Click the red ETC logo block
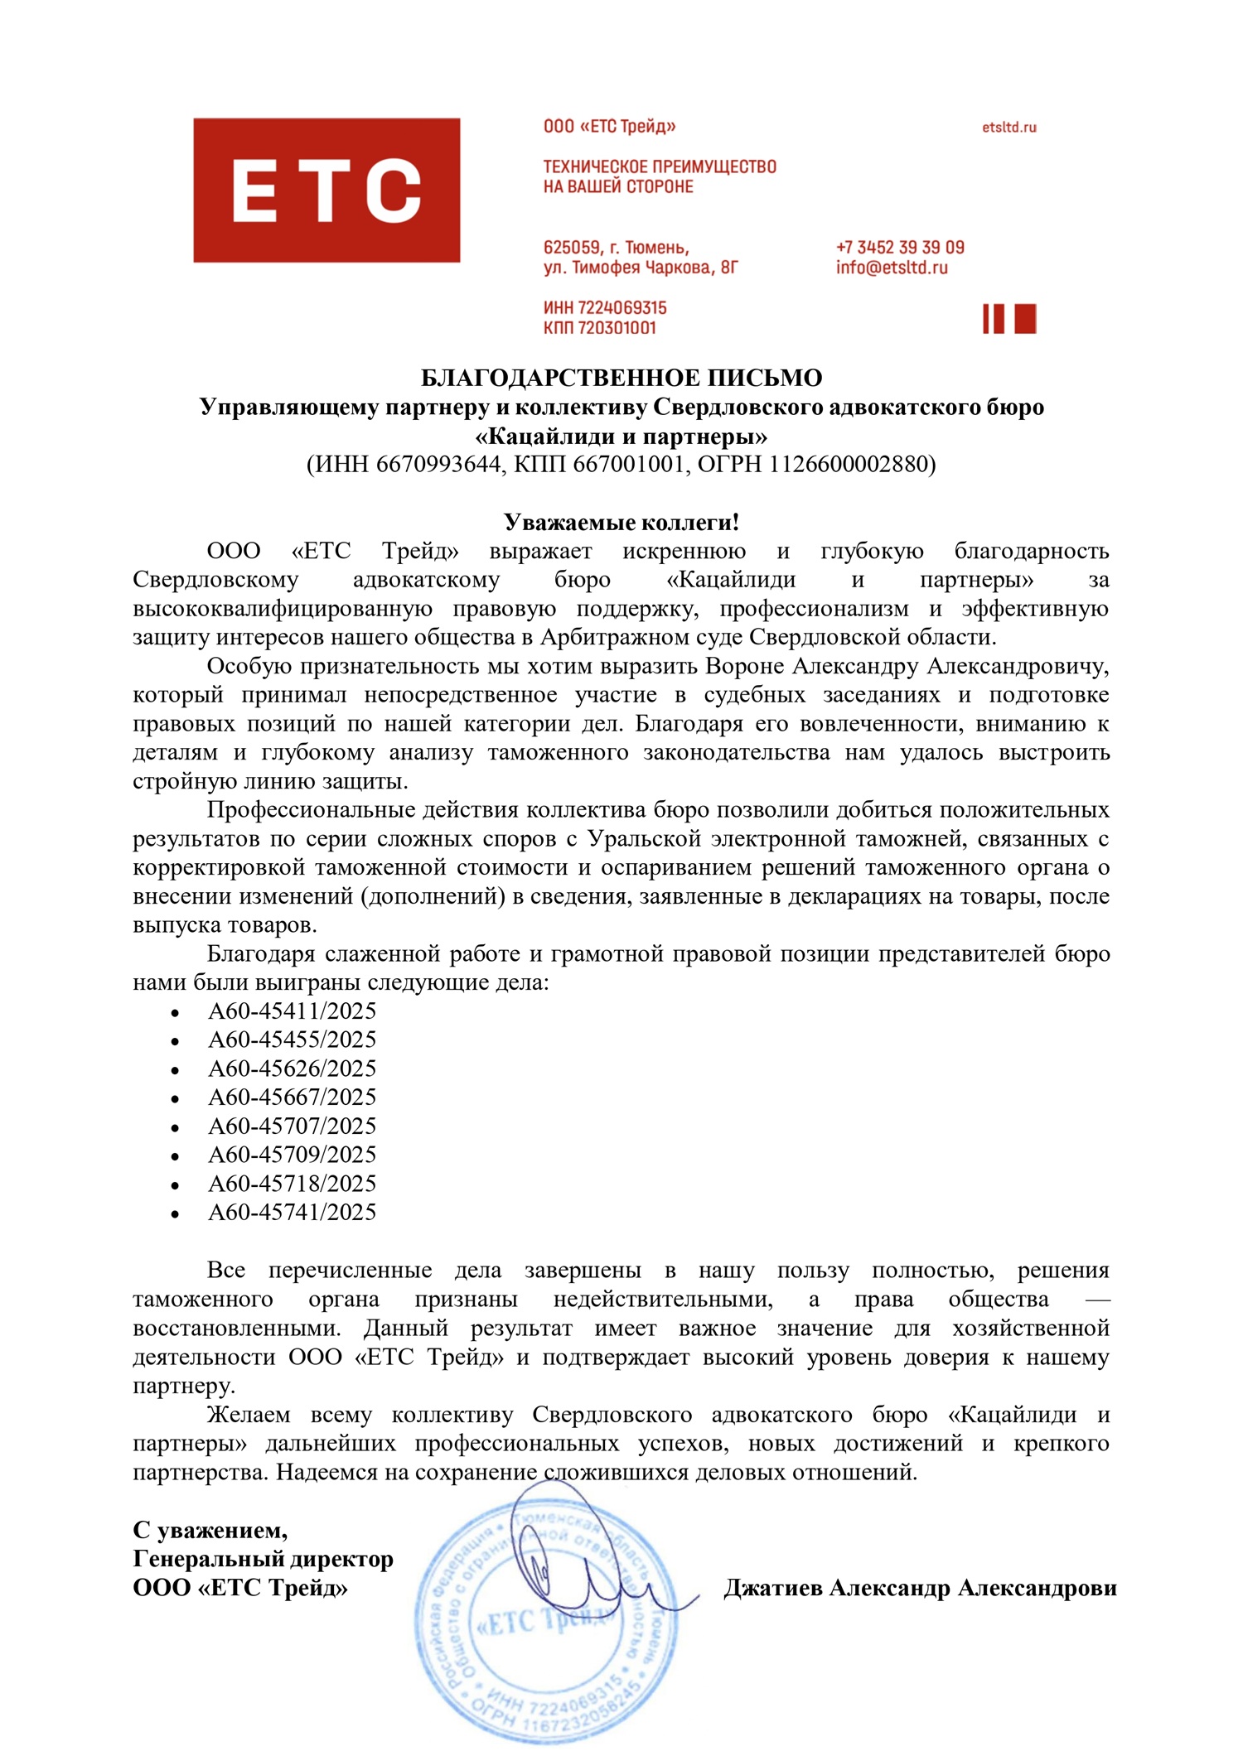coord(326,191)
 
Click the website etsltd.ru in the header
coord(1008,128)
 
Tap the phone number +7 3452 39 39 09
coord(900,248)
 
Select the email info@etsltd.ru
coord(891,268)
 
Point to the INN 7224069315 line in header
coord(605,308)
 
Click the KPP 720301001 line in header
coord(599,328)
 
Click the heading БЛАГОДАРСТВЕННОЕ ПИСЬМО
coord(621,379)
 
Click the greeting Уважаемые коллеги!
coord(621,523)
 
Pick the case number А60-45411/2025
coord(292,1011)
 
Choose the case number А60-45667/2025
coord(292,1097)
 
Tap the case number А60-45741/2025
coord(292,1213)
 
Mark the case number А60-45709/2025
coord(292,1155)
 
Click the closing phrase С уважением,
coord(210,1530)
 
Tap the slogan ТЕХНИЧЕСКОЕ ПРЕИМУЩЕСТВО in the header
coord(660,167)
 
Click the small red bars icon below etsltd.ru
coord(1008,319)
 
